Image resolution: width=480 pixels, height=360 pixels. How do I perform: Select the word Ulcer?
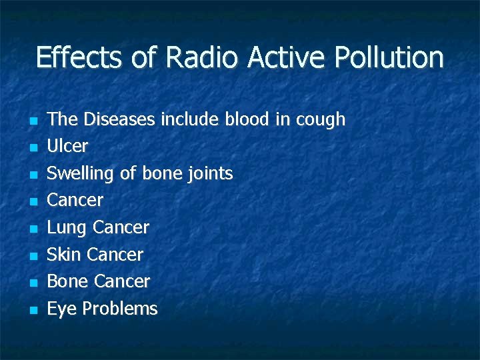pyautogui.click(x=67, y=146)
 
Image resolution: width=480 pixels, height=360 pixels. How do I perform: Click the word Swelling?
pyautogui.click(x=81, y=174)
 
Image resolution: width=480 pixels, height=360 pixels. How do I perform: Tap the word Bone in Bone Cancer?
pyautogui.click(x=67, y=281)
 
